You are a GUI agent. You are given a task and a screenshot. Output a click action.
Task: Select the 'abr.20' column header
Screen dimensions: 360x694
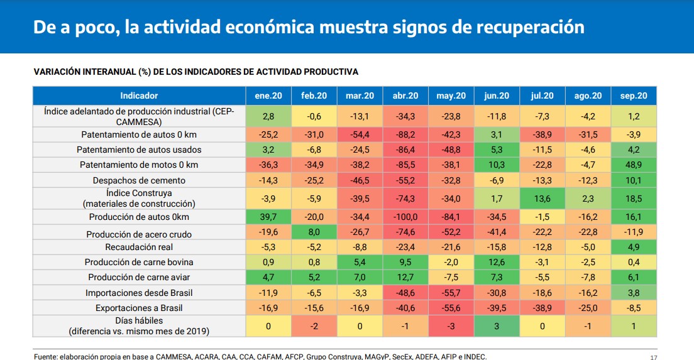pos(405,95)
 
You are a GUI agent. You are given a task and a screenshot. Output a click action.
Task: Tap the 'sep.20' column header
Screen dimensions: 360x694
pos(633,95)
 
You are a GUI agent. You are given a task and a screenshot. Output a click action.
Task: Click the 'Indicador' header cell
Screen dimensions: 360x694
pos(139,95)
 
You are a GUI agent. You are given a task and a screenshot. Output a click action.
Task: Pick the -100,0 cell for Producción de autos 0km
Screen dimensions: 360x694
pos(405,217)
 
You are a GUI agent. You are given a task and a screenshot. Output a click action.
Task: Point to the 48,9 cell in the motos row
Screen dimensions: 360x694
pos(633,165)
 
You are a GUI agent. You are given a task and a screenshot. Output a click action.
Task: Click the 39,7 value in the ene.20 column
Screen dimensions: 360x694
pos(268,217)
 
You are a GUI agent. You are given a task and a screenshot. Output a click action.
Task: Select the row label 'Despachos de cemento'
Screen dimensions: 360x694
pos(139,180)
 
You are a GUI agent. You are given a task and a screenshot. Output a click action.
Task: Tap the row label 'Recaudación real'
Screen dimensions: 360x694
pos(139,247)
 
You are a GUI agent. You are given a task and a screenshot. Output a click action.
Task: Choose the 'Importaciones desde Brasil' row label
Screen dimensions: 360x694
pos(139,293)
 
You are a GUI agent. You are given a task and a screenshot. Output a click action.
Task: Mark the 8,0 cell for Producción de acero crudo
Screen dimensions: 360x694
pos(314,232)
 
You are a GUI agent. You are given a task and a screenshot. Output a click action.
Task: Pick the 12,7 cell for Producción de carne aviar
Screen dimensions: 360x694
pos(405,277)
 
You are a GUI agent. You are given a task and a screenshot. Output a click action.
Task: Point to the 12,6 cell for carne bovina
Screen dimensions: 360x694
pos(496,262)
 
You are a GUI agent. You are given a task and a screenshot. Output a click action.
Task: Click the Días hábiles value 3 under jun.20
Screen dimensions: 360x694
pos(496,326)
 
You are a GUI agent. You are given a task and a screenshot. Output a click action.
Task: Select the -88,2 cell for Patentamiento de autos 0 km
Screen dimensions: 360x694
pos(405,134)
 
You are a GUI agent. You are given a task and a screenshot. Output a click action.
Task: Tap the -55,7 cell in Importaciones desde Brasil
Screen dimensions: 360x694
pos(451,293)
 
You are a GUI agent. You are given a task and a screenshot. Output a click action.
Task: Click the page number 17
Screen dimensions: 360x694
pos(653,356)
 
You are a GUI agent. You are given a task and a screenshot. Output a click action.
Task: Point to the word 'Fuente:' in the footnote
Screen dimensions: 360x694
pos(48,356)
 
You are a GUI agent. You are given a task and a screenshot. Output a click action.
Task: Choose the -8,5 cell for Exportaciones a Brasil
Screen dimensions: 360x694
pos(633,308)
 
